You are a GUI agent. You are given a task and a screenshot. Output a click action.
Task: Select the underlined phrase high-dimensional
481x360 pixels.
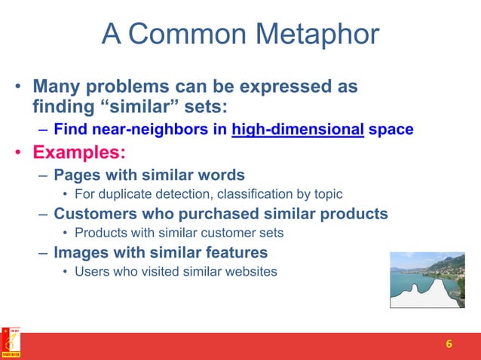(x=298, y=130)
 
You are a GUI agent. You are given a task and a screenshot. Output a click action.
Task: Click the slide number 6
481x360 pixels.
(x=449, y=345)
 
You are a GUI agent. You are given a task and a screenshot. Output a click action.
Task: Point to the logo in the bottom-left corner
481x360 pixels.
(x=11, y=343)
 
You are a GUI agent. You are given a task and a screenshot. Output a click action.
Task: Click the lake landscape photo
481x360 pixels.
(x=427, y=279)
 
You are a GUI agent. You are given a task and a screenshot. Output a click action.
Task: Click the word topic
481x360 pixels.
(x=328, y=194)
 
